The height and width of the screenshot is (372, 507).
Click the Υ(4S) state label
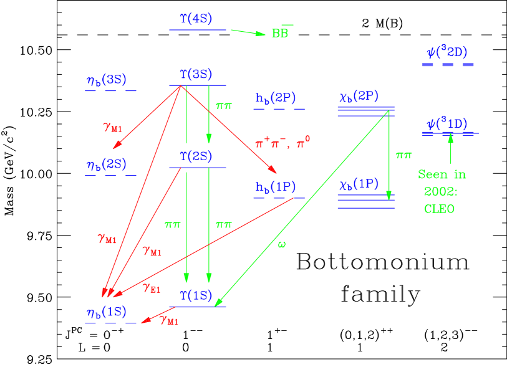click(x=196, y=19)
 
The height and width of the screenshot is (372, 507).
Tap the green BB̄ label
click(x=281, y=32)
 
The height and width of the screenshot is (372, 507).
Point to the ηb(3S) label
click(x=107, y=80)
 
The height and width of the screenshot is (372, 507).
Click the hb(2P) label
click(x=275, y=98)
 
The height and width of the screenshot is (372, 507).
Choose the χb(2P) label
click(x=359, y=97)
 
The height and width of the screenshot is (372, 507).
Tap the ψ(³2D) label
click(x=447, y=52)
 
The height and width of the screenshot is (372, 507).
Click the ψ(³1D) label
click(x=447, y=123)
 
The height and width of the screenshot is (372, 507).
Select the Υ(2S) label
click(x=196, y=156)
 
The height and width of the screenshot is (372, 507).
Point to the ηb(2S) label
click(x=107, y=165)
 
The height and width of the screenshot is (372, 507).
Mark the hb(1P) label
click(x=275, y=186)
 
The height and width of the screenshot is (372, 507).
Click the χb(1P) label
click(x=359, y=184)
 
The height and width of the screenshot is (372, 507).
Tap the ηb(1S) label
click(x=107, y=312)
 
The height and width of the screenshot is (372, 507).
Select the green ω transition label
click(x=282, y=244)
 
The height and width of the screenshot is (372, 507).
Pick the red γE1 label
click(x=152, y=288)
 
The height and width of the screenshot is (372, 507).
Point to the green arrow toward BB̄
click(x=248, y=32)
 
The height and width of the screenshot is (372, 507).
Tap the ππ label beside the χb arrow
click(x=403, y=155)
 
